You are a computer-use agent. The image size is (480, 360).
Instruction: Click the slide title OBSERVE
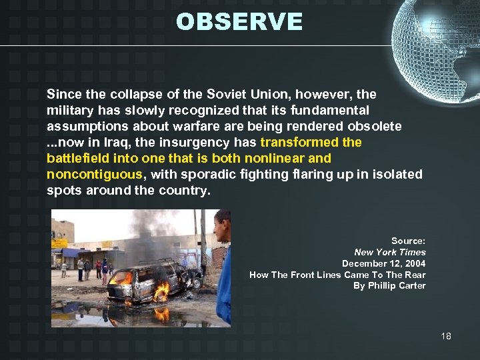tap(239, 21)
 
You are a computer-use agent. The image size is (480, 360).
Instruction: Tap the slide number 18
tap(446, 336)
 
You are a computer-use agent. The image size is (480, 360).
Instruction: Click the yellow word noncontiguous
tap(94, 174)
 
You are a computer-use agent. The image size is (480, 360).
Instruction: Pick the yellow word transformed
tap(299, 142)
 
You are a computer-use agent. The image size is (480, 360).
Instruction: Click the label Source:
tap(408, 241)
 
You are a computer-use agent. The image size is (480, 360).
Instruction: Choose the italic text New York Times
tap(390, 252)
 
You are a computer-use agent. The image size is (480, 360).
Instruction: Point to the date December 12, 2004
tap(384, 263)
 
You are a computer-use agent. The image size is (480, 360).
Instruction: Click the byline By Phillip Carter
tap(389, 286)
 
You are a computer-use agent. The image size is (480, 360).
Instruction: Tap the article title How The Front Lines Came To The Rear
tap(337, 275)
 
